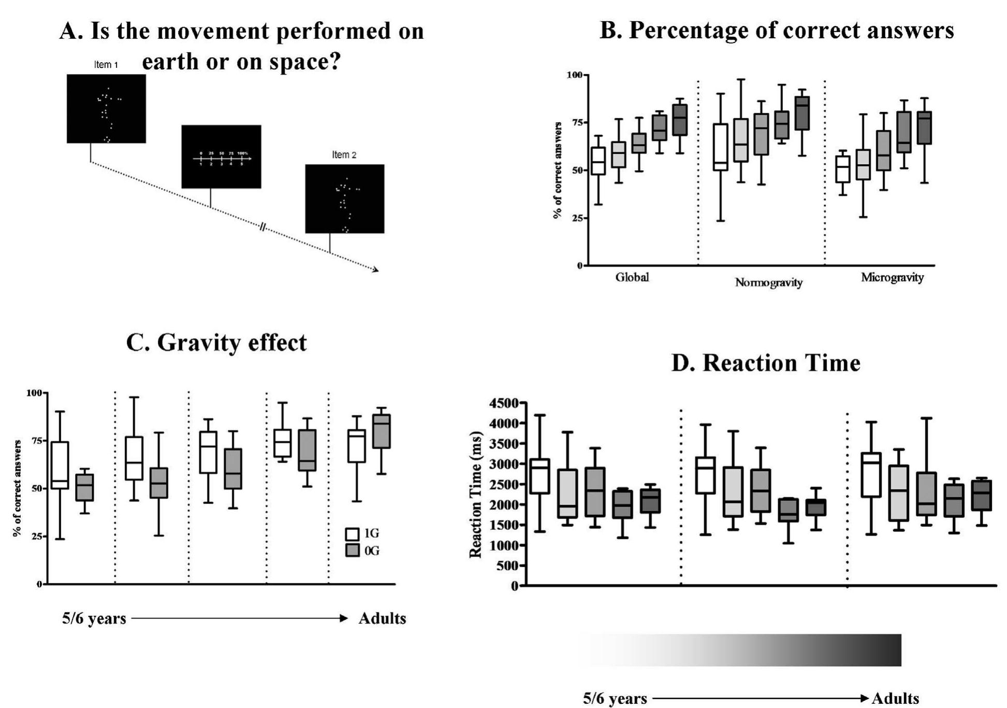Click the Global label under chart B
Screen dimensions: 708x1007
[x=632, y=278]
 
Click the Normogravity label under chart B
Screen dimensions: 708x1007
[x=768, y=283]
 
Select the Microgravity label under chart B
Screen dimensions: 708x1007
[x=892, y=278]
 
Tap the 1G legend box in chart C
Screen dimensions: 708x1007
[x=352, y=534]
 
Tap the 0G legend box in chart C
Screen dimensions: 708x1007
[x=352, y=551]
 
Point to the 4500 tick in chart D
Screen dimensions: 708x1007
[x=503, y=403]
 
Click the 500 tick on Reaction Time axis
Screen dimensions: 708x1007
[x=507, y=566]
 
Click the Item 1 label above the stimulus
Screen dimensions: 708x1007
[x=106, y=65]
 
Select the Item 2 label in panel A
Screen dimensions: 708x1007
[x=344, y=155]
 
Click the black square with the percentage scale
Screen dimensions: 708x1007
[x=221, y=156]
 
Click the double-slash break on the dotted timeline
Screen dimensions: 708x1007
[x=263, y=227]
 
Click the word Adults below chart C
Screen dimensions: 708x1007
[x=382, y=618]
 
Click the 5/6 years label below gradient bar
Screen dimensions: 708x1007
[x=615, y=699]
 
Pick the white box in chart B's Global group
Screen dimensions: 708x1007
[x=599, y=161]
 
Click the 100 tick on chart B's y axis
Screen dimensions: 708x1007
[x=574, y=75]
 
